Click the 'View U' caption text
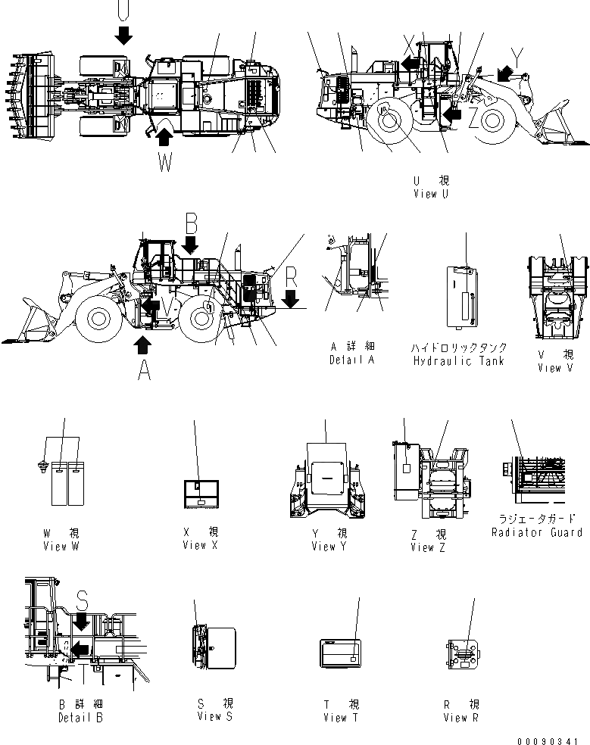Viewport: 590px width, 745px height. [430, 195]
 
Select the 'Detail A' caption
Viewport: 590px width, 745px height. [351, 360]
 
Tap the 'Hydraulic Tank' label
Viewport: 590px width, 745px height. [458, 361]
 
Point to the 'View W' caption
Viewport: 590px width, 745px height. [61, 547]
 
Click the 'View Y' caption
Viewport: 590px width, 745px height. [329, 547]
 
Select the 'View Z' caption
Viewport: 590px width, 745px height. [428, 547]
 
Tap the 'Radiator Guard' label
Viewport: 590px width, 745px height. [536, 533]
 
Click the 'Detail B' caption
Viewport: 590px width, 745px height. [80, 718]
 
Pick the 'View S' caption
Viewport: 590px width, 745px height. [209, 716]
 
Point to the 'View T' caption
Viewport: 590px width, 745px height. [334, 718]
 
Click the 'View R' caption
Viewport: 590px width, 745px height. [461, 718]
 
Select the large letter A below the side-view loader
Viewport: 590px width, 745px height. [142, 370]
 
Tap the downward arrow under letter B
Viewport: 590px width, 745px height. [190, 245]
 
